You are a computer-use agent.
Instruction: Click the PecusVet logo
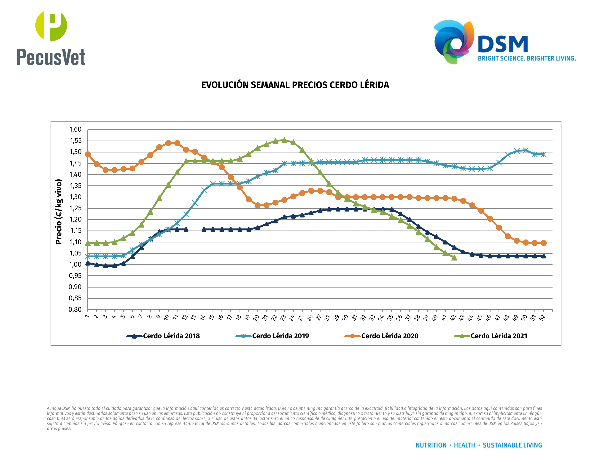coord(51,38)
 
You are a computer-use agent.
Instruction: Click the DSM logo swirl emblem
coord(453,41)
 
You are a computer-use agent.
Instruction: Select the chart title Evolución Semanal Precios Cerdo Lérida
coord(295,85)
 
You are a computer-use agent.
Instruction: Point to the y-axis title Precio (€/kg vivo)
coord(59,212)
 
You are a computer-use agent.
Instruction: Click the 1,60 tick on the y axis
coord(75,130)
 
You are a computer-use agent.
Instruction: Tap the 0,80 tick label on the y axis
coord(75,310)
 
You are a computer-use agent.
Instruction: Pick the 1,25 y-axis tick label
coord(75,208)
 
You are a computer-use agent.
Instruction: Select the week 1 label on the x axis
coord(87,316)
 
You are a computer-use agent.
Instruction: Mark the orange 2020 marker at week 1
coord(88,154)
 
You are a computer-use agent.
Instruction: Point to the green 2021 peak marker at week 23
coord(284,140)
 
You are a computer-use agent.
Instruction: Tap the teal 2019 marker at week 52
coord(543,154)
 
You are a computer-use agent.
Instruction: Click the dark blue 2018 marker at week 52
coord(543,256)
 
